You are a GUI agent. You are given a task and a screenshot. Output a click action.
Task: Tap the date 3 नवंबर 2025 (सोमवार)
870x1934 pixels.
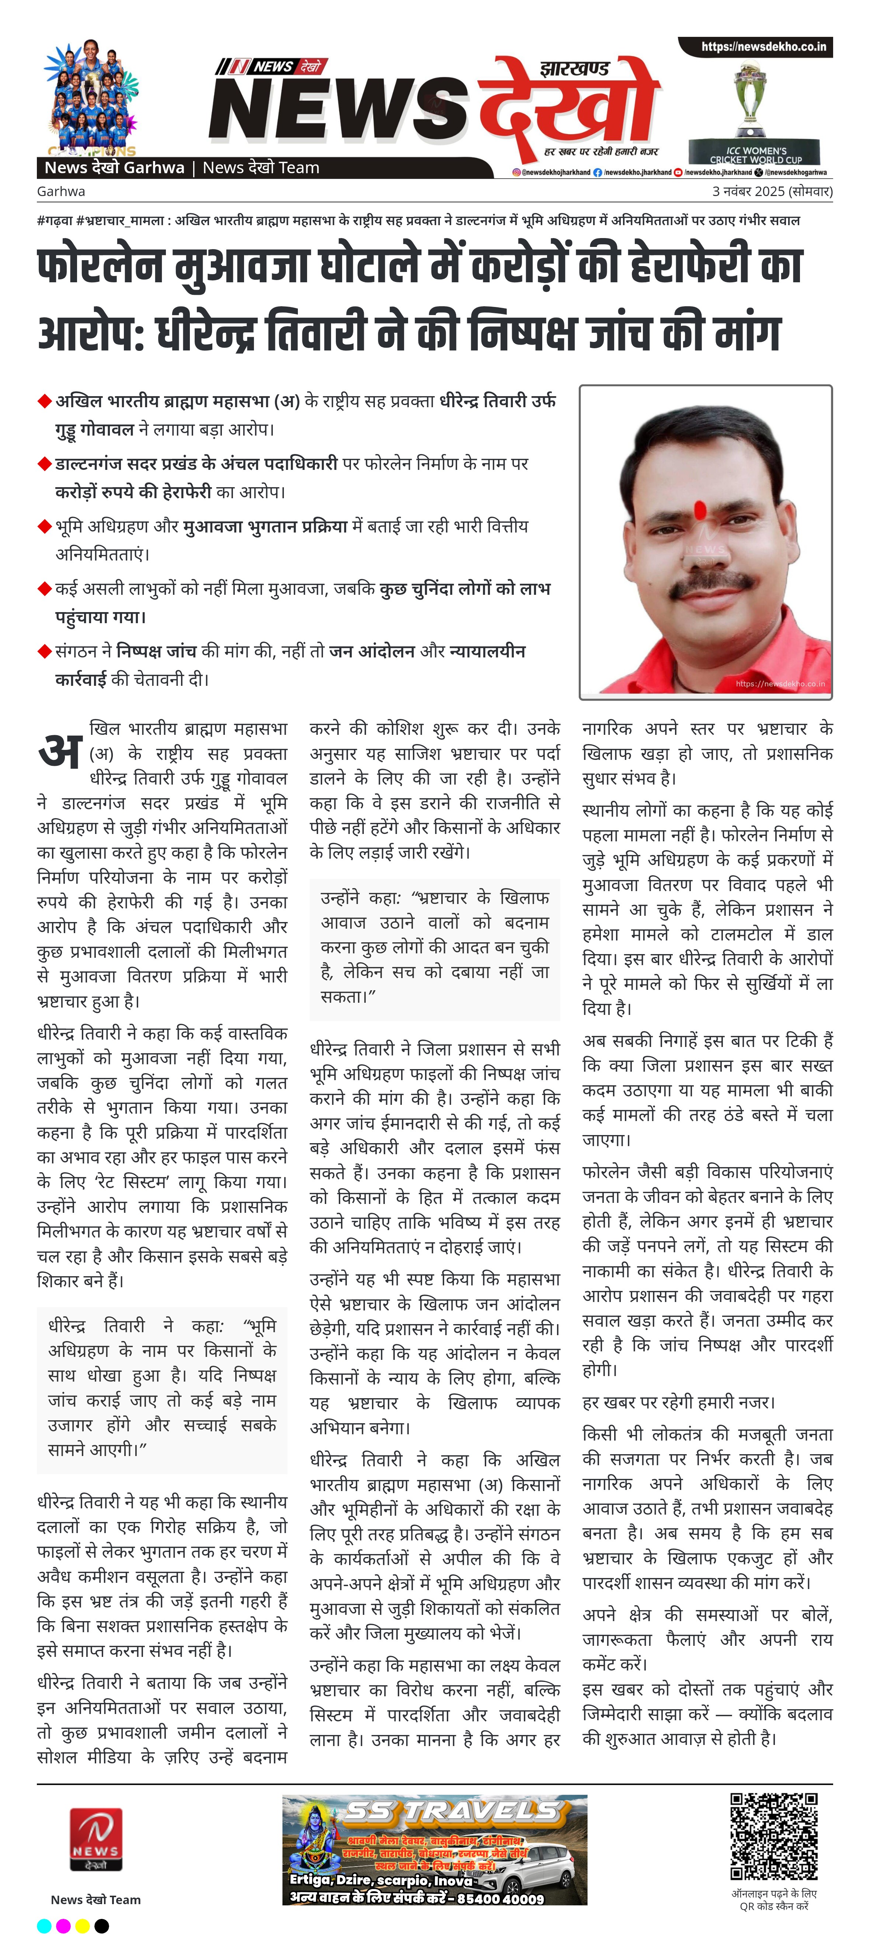click(772, 192)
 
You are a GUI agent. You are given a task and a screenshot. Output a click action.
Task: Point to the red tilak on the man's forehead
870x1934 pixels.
click(699, 510)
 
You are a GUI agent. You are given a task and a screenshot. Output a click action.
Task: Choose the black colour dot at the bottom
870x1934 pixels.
click(101, 1925)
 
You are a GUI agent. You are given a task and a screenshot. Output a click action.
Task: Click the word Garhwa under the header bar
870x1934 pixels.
click(61, 192)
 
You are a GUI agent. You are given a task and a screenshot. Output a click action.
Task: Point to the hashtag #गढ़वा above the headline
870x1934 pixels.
click(54, 221)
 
